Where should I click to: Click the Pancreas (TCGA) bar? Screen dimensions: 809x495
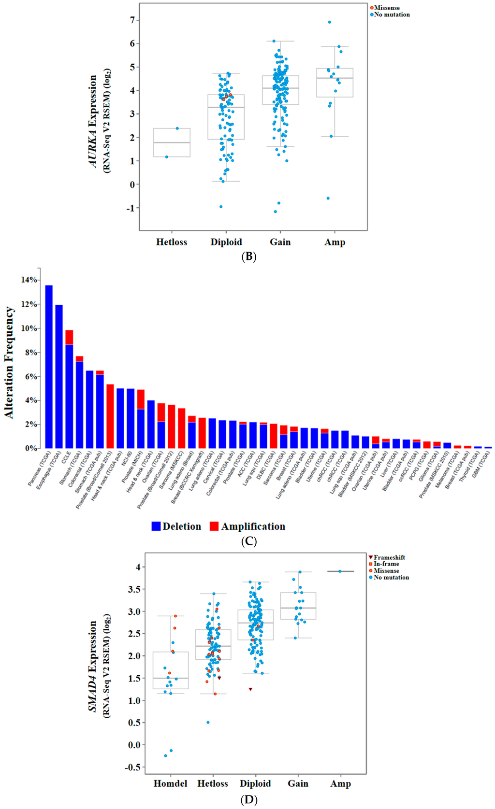click(x=49, y=367)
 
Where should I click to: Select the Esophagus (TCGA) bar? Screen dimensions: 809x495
click(x=59, y=377)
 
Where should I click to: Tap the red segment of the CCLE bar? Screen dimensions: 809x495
click(x=69, y=337)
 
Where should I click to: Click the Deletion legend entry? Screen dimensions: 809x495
click(x=176, y=526)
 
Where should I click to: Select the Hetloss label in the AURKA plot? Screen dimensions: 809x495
click(x=171, y=242)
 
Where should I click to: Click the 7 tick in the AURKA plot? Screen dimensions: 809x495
click(x=132, y=20)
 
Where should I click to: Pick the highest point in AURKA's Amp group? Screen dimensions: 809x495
click(x=330, y=22)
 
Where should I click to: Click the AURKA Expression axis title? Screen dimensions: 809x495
click(x=93, y=121)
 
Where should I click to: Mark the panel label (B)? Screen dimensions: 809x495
click(x=248, y=256)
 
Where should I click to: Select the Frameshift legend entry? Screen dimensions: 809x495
click(x=387, y=557)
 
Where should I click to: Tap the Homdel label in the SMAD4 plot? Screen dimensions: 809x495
click(x=170, y=783)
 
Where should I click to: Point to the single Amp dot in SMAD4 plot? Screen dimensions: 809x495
click(x=340, y=571)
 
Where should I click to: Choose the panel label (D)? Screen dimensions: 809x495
click(x=248, y=800)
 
